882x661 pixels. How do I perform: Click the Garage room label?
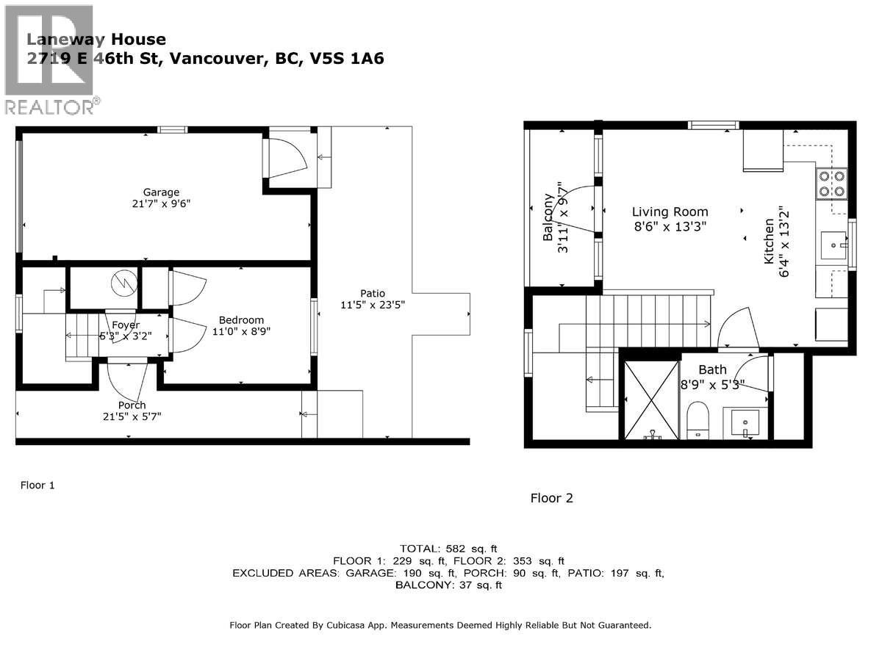tap(161, 192)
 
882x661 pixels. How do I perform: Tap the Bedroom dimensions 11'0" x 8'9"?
tap(241, 332)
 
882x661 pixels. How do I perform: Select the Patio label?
tap(373, 293)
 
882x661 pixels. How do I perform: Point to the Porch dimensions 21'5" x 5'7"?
tap(132, 416)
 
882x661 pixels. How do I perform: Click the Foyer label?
tap(126, 325)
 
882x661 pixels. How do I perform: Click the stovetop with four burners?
tap(831, 184)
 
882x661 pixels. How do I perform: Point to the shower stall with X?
tap(651, 400)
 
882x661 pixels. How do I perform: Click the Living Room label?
tap(670, 212)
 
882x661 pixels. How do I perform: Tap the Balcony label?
tap(548, 217)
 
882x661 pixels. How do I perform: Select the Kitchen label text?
tap(769, 241)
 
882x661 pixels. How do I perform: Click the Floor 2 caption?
tap(551, 498)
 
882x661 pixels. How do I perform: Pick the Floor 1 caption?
tap(37, 485)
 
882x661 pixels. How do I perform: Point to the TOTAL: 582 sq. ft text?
tap(448, 549)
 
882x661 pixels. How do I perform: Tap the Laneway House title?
tap(96, 40)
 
